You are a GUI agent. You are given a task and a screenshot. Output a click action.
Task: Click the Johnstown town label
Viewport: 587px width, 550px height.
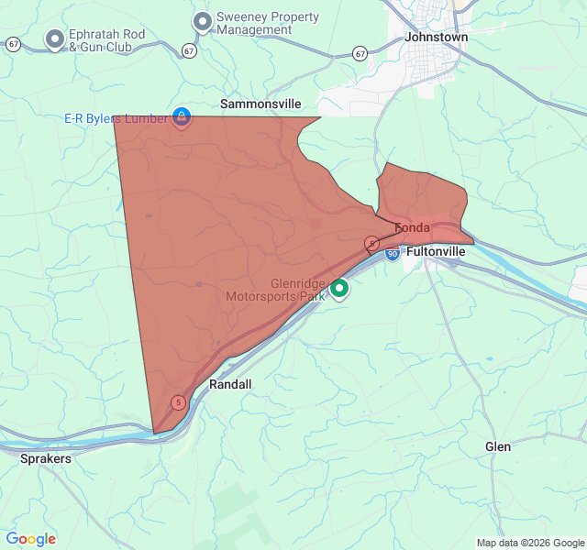click(x=437, y=38)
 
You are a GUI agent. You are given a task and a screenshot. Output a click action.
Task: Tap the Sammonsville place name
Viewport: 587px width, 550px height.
click(x=260, y=104)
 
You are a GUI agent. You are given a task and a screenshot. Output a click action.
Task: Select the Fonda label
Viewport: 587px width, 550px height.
click(x=412, y=227)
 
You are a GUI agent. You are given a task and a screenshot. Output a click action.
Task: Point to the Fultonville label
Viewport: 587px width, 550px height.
click(x=436, y=251)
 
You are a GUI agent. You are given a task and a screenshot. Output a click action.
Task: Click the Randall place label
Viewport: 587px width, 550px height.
click(x=230, y=385)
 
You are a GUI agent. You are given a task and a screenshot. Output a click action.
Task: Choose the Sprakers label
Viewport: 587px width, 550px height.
click(x=45, y=457)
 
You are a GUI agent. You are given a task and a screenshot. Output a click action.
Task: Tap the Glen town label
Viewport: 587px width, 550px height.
click(x=498, y=446)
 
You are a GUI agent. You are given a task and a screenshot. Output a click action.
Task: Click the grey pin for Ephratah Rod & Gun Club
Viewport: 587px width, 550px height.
click(x=55, y=39)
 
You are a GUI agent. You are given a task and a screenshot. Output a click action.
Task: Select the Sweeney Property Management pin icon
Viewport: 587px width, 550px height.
click(x=203, y=21)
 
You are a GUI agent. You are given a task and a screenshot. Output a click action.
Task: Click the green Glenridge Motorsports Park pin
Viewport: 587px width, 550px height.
click(x=339, y=289)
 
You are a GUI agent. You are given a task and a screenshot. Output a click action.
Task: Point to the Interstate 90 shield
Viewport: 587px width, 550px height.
click(x=392, y=254)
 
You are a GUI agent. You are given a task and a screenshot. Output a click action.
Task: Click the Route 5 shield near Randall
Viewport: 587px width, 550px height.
click(x=178, y=402)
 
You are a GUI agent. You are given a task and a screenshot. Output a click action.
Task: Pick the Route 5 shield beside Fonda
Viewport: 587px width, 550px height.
click(x=372, y=243)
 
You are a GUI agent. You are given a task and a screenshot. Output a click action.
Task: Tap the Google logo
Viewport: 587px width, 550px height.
click(x=31, y=539)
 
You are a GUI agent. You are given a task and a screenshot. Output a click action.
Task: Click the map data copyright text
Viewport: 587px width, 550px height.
click(x=529, y=543)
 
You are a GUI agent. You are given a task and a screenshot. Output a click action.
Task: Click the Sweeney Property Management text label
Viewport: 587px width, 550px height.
click(x=268, y=23)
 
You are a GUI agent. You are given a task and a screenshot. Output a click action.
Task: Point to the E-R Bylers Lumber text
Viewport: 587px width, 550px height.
click(x=116, y=118)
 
